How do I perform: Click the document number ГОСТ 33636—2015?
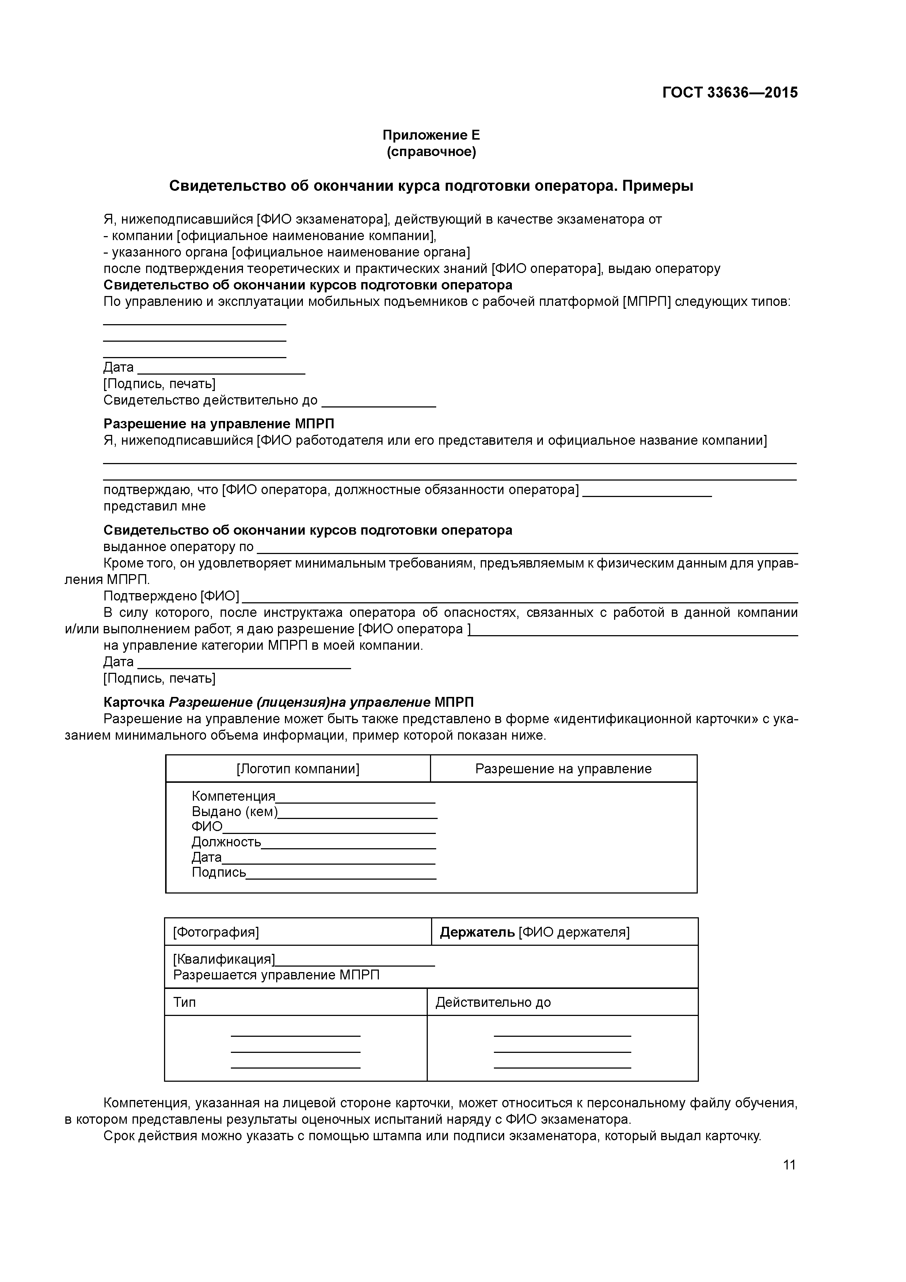(x=730, y=93)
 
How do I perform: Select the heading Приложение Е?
(x=431, y=135)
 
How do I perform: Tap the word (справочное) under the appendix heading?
(x=431, y=152)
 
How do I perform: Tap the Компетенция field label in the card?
(x=233, y=796)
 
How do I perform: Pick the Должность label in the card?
(x=226, y=842)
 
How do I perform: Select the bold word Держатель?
(x=477, y=932)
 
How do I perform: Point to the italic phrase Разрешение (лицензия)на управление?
(x=299, y=702)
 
